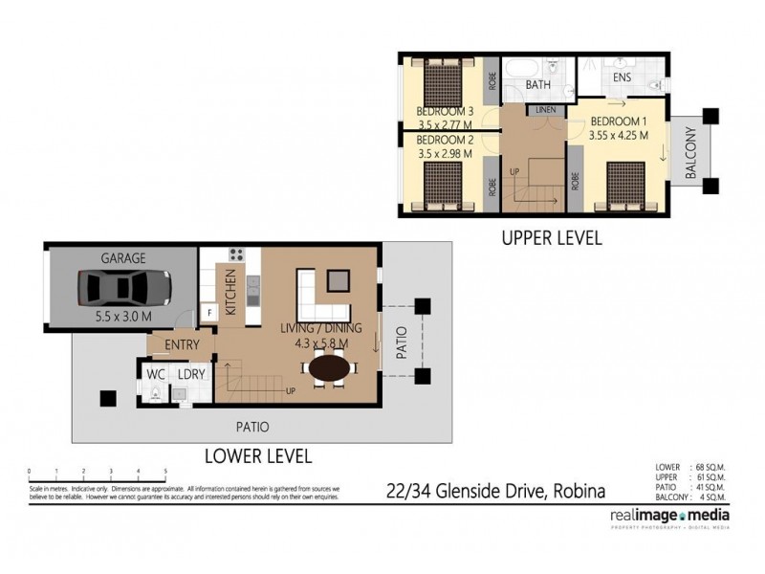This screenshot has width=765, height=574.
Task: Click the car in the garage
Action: [124, 286]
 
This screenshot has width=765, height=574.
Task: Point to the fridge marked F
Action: [208, 313]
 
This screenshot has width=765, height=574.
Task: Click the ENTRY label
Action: [182, 345]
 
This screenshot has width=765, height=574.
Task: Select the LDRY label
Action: [191, 375]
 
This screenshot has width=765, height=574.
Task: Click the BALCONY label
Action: [690, 153]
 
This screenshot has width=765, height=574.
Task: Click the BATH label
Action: [538, 86]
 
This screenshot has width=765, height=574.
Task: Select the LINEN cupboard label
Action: [546, 110]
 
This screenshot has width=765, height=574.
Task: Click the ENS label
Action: [622, 77]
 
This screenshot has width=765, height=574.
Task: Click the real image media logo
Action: [669, 516]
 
